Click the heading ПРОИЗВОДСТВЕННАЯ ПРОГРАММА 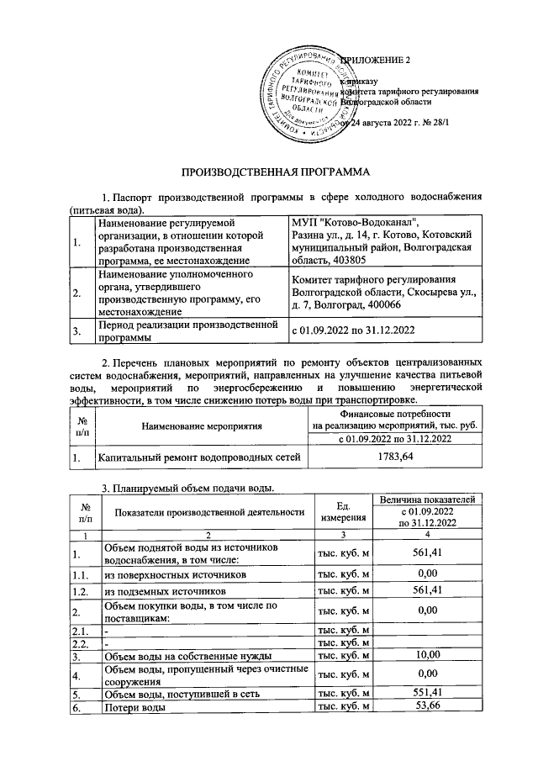268,172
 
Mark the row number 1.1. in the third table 81,574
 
